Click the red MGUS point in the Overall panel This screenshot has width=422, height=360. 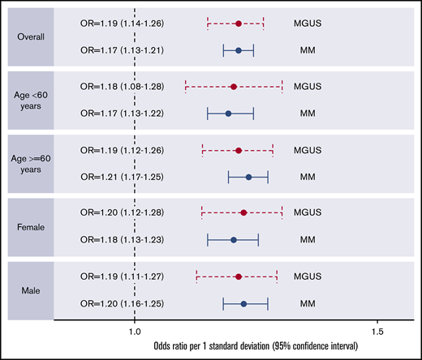(239, 24)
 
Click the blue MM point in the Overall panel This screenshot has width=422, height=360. (239, 50)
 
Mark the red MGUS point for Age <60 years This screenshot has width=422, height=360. (234, 86)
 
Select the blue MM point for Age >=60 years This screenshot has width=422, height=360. (248, 177)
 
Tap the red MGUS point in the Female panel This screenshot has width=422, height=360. (243, 212)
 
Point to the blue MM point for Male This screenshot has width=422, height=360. (243, 303)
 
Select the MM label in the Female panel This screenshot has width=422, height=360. (308, 240)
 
